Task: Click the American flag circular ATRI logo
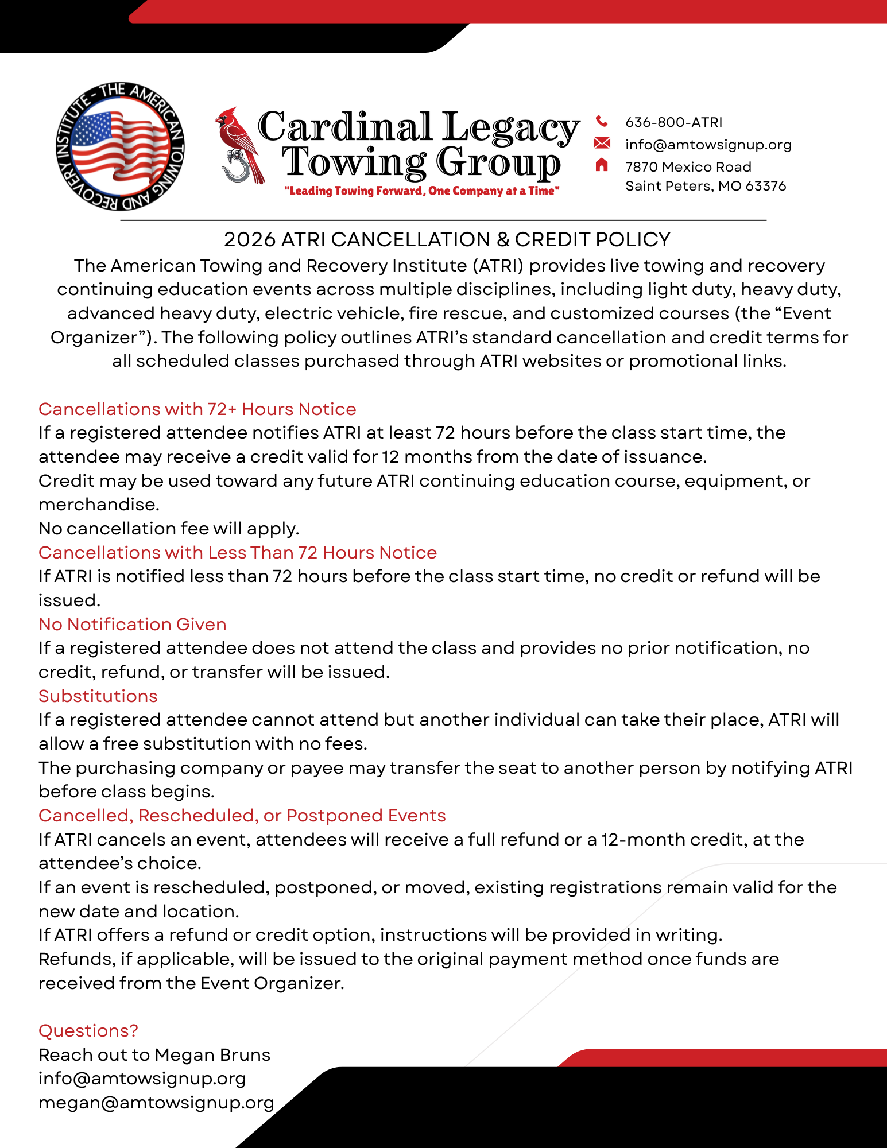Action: coord(120,146)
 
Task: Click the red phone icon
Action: coord(601,121)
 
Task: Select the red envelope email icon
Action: coord(601,143)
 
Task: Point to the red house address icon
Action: coord(601,165)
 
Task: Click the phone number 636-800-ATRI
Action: coord(673,122)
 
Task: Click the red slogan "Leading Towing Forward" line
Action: coord(421,191)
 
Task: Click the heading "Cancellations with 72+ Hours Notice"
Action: coord(197,409)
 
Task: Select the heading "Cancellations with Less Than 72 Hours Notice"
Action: coord(237,552)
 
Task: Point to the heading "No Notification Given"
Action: coord(132,624)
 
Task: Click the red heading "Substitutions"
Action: coord(98,696)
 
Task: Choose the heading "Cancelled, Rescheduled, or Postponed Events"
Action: coord(242,815)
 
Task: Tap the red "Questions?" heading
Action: coord(88,1030)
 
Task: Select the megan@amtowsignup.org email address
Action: coord(156,1103)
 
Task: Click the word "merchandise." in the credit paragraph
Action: coord(99,504)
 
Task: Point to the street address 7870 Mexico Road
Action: coord(688,167)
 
